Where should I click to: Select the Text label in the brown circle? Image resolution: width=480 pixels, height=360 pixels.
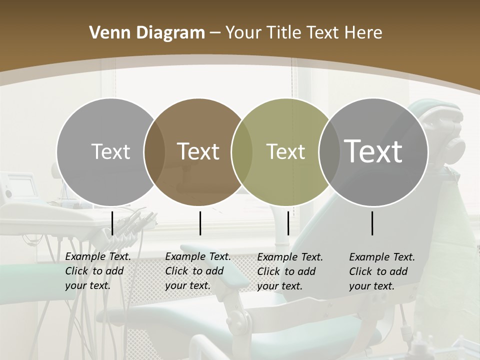198,151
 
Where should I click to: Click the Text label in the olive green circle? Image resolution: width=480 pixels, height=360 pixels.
285,151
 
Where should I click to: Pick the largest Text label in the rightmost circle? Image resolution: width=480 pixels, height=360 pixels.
373,151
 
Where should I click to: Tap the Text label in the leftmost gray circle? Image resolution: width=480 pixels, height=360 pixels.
110,151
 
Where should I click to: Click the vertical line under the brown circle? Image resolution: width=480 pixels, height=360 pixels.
200,223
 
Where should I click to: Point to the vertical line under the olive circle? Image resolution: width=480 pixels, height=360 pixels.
288,223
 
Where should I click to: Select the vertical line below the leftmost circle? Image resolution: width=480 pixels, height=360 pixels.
112,223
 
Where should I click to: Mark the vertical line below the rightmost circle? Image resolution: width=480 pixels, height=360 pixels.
372,223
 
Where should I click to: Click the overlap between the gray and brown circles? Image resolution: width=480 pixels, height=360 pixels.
154,152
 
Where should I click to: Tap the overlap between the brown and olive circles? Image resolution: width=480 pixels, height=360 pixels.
242,152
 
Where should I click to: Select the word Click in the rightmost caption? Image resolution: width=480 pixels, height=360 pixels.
361,271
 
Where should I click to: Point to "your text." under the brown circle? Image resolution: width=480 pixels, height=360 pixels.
187,286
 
